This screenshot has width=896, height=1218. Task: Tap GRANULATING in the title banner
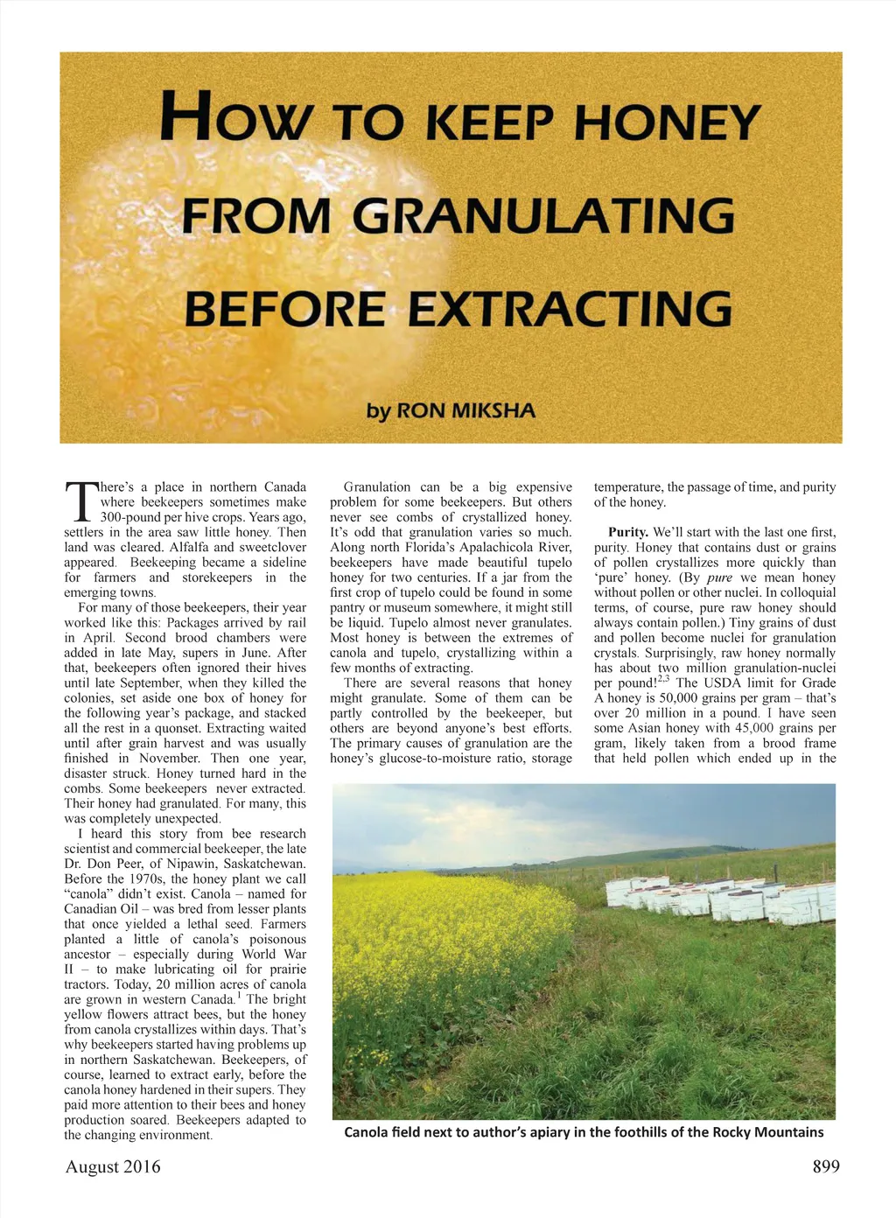coord(543,216)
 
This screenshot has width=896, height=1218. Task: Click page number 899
coord(825,1166)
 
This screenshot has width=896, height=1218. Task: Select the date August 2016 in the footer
coord(113,1166)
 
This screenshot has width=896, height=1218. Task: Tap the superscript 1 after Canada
coord(239,995)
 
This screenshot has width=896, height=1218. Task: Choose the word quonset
coord(145,728)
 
